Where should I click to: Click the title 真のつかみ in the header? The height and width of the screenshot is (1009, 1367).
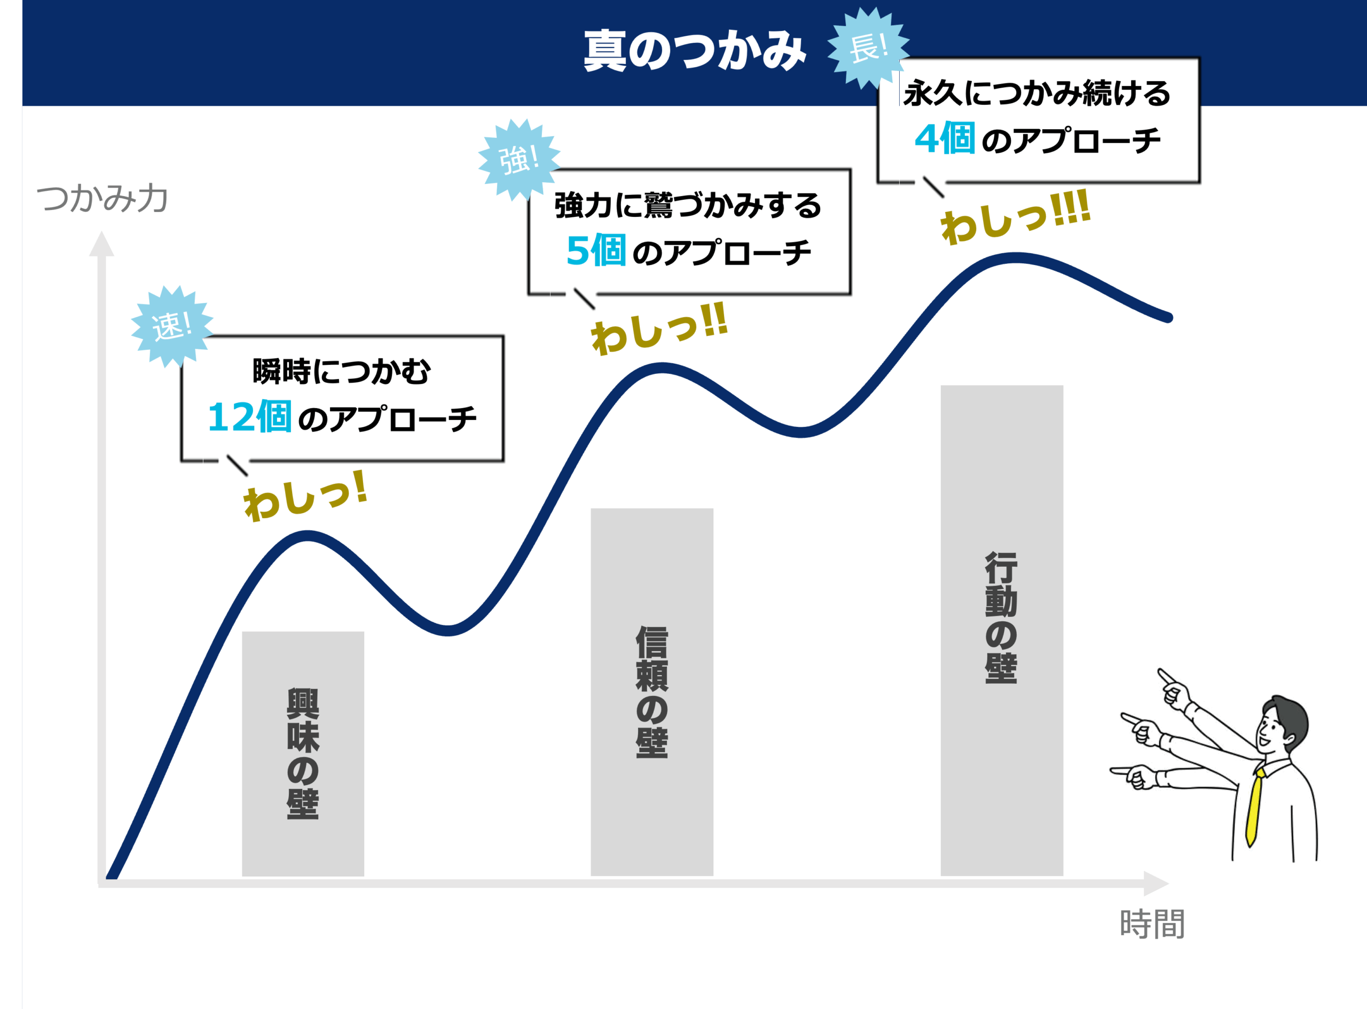(695, 51)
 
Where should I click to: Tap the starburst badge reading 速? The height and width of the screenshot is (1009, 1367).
(171, 325)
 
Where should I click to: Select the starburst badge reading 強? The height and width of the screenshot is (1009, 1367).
(518, 159)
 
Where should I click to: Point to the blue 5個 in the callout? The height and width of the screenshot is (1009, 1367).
(595, 251)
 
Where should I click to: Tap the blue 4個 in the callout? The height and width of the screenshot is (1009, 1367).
(944, 139)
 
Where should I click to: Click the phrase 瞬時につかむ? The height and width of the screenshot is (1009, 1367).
(342, 371)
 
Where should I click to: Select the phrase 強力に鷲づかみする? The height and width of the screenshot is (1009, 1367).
(688, 205)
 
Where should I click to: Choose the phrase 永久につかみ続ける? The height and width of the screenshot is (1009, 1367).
(1036, 93)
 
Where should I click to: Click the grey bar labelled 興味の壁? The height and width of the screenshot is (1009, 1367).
(303, 753)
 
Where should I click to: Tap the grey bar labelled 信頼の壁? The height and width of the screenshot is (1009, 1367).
(651, 691)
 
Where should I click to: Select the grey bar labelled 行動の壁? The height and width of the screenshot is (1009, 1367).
(1001, 629)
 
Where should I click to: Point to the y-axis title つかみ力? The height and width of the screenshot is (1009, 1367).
(102, 199)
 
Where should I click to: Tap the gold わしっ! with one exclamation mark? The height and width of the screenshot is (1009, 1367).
(305, 496)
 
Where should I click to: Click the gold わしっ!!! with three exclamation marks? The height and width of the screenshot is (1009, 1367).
(1015, 217)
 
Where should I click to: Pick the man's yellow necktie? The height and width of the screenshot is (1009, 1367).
(1254, 806)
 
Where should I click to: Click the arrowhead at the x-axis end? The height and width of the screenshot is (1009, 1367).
(1155, 883)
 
